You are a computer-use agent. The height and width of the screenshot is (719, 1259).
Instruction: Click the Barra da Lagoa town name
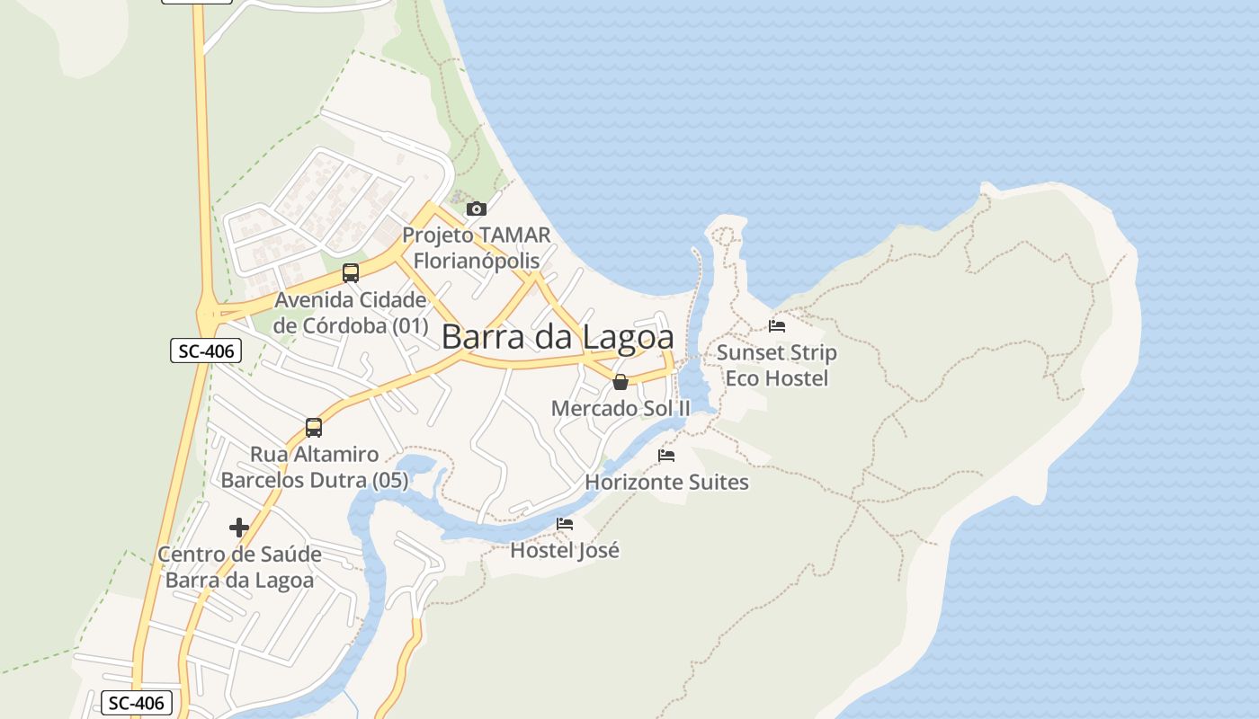(x=558, y=337)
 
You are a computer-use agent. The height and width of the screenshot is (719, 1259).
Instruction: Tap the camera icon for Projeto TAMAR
(x=477, y=209)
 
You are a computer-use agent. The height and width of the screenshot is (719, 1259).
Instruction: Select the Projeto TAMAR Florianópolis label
(x=477, y=248)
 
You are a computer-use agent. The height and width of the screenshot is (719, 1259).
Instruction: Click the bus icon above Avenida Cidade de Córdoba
(x=351, y=273)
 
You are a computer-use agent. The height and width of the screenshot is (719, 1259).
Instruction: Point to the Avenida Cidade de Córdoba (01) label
(x=351, y=313)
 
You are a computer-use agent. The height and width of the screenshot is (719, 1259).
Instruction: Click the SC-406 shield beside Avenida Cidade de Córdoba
(x=206, y=351)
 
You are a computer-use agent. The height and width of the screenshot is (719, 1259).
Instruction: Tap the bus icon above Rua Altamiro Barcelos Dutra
(x=314, y=428)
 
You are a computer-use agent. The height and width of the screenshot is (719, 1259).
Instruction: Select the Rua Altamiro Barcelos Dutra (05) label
(x=315, y=467)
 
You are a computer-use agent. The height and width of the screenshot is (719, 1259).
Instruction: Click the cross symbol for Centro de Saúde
(x=239, y=528)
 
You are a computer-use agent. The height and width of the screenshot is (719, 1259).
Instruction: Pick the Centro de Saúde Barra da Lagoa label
(x=240, y=567)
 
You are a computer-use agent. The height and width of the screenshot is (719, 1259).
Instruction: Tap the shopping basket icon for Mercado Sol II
(x=621, y=382)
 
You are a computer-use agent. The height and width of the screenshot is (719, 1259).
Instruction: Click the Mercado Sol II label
(x=621, y=408)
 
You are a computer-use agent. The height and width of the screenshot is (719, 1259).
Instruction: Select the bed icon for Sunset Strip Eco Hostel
(x=777, y=325)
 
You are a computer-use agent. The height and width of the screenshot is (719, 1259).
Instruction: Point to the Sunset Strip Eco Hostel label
(x=777, y=366)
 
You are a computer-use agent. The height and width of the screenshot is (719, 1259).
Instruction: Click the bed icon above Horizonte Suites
(x=666, y=456)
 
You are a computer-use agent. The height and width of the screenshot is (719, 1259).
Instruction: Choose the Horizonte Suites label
(x=666, y=483)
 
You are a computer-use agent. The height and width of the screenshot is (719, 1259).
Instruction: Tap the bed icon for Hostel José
(x=565, y=523)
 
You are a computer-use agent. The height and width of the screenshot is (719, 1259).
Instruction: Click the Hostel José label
(x=565, y=549)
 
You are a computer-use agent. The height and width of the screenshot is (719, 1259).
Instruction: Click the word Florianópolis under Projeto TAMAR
(x=477, y=262)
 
